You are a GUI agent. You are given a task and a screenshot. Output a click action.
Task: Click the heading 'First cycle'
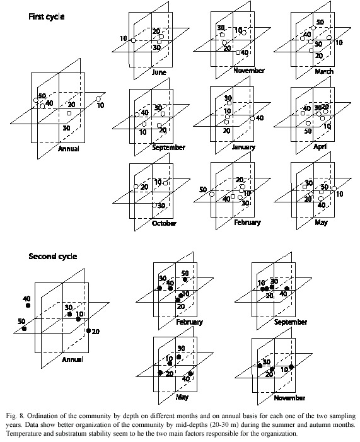click(x=46, y=16)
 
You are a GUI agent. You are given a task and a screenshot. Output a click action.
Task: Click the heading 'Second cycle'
click(x=53, y=256)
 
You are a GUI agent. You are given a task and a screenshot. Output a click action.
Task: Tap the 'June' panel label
click(x=159, y=72)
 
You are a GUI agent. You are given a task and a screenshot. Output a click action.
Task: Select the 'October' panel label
click(x=164, y=223)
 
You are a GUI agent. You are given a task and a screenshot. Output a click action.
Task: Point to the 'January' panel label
click(x=243, y=147)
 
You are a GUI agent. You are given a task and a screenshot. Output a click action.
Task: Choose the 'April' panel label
click(x=321, y=146)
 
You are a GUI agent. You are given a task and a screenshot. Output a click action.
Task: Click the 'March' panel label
click(x=324, y=71)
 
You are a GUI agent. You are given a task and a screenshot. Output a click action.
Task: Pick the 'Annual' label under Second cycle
click(x=73, y=359)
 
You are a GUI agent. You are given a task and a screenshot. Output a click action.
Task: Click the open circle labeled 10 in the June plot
click(x=133, y=40)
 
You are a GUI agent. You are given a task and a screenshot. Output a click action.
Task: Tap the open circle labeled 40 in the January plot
click(x=252, y=119)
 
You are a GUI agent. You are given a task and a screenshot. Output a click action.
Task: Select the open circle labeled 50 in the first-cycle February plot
click(x=212, y=194)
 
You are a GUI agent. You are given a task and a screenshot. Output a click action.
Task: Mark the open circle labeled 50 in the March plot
click(x=313, y=28)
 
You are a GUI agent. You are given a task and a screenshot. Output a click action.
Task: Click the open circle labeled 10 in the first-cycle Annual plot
click(x=98, y=99)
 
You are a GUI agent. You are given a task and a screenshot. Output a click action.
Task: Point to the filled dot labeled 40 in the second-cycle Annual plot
click(x=28, y=305)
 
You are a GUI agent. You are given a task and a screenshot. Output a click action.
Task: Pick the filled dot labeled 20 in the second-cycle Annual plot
click(x=88, y=330)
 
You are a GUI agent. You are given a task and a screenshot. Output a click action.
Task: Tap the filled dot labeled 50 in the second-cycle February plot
click(x=185, y=279)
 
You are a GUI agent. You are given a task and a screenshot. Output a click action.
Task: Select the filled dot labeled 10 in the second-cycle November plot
click(x=291, y=367)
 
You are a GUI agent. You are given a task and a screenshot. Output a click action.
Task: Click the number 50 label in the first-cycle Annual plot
click(x=42, y=96)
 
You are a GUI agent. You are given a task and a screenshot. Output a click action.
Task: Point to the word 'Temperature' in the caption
click(x=21, y=434)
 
